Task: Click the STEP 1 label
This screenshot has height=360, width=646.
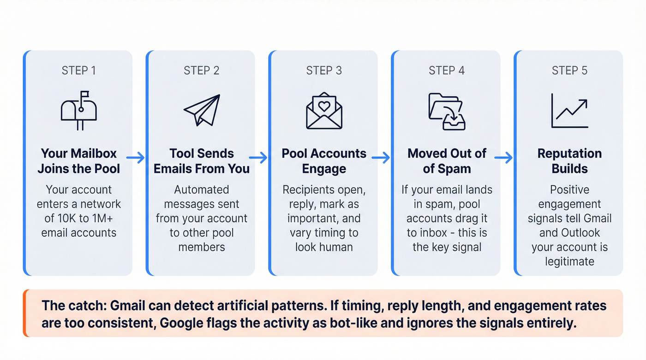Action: click(78, 71)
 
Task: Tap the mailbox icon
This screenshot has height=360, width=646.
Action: click(79, 109)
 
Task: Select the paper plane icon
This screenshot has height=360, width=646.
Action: click(202, 110)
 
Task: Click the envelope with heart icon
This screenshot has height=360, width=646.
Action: click(324, 110)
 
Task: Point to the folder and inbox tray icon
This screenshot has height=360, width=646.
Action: click(447, 111)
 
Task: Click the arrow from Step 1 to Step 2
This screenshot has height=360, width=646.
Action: click(136, 158)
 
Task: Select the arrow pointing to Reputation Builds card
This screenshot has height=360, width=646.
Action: click(503, 158)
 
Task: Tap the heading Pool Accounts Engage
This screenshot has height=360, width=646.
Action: click(324, 161)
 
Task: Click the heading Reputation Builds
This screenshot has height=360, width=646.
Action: click(569, 161)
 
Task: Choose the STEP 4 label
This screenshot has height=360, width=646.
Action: click(447, 71)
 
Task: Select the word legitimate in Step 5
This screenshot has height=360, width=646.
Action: click(569, 261)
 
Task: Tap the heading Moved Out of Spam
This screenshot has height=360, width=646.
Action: click(447, 161)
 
